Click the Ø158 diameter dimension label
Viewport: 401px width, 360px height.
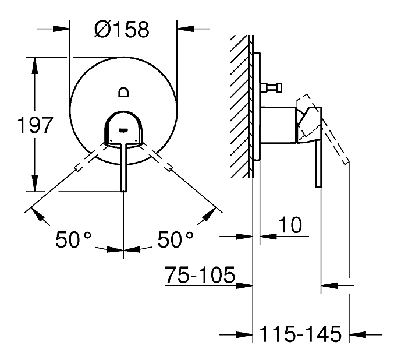point(122,29)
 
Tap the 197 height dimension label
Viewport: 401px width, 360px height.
point(35,125)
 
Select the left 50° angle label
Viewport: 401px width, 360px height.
point(73,239)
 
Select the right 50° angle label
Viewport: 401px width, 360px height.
point(175,239)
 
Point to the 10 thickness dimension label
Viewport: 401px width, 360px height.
point(290,225)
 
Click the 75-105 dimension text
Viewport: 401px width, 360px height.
point(200,274)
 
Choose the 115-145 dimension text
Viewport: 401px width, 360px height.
point(300,334)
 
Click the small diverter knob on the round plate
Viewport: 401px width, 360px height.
point(123,92)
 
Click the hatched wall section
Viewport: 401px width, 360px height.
point(240,106)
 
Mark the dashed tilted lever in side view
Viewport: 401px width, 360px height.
point(323,129)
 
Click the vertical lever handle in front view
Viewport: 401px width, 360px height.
point(123,167)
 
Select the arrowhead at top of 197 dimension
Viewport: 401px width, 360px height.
point(34,66)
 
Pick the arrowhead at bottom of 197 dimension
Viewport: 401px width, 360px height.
point(34,182)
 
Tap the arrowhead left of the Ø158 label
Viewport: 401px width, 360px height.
point(61,29)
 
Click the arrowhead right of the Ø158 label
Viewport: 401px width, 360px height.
point(186,29)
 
